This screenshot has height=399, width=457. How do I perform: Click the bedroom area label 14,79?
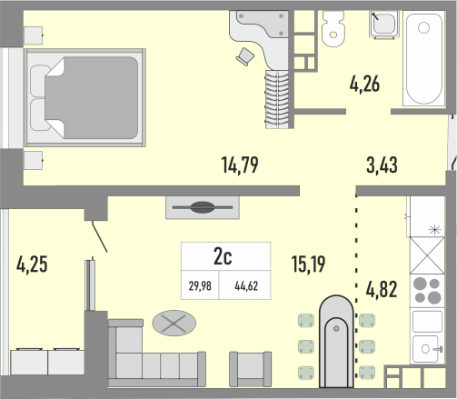240,165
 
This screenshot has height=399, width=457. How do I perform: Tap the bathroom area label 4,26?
364,84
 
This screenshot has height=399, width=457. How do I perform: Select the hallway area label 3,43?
382,165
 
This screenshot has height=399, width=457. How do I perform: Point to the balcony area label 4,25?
32,264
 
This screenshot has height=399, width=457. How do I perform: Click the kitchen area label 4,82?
382,289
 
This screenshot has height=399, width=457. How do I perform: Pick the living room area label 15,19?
308,264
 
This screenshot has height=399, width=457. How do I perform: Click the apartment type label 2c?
223,256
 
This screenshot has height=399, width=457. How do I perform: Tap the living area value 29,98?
200,285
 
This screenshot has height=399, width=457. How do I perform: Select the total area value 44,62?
246,285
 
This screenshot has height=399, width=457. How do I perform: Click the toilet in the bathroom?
333,29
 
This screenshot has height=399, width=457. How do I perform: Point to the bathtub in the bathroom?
423,58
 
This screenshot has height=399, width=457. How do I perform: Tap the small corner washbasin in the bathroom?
384,25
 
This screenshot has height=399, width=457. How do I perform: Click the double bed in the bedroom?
85,97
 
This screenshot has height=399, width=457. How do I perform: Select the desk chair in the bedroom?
245,56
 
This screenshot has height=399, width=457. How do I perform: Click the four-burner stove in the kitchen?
427,291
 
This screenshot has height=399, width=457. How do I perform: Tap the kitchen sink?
427,349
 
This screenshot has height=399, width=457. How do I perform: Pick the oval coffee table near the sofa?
174,323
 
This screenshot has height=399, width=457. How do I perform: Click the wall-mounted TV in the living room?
203,207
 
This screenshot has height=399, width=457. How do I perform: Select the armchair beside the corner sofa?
250,369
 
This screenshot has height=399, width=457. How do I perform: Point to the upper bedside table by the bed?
33,35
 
